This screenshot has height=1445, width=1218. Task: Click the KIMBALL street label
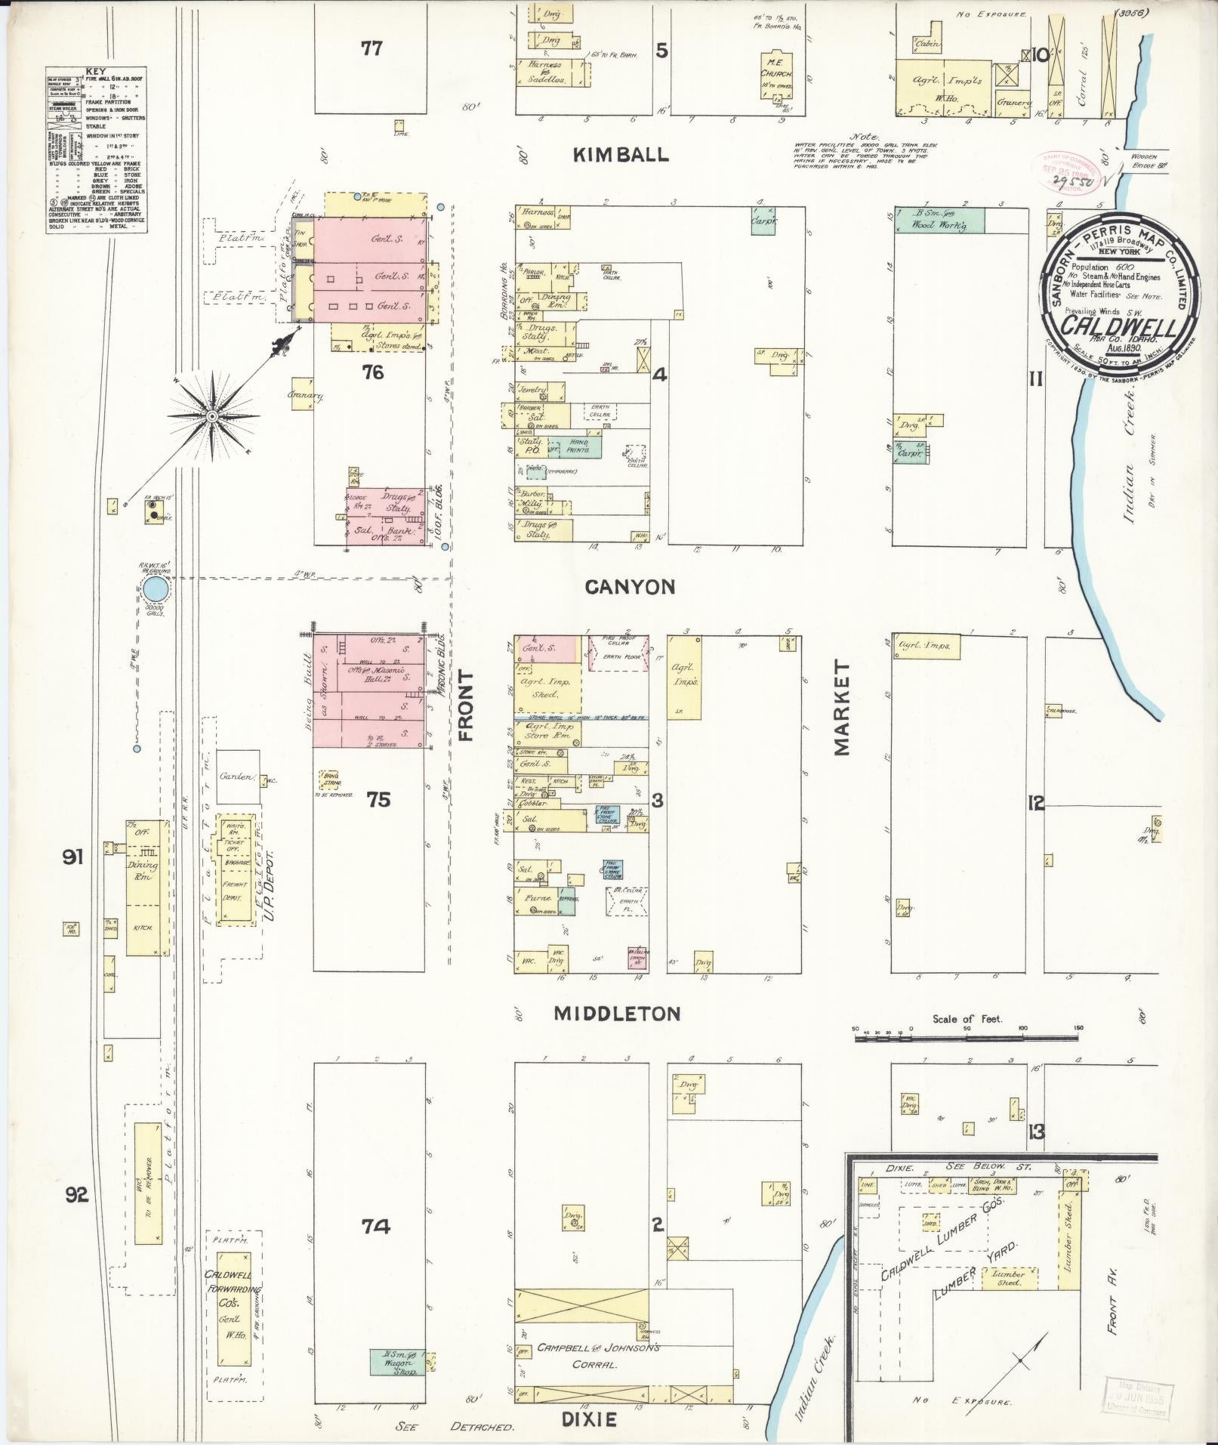(x=621, y=155)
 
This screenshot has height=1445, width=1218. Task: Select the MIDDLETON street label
(x=617, y=1014)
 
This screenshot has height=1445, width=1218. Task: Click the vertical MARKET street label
(x=842, y=708)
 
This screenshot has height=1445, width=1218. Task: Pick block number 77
(x=371, y=49)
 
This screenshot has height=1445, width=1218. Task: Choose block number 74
(x=375, y=1227)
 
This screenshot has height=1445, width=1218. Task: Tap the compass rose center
(x=214, y=415)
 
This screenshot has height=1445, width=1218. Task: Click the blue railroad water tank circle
(x=156, y=588)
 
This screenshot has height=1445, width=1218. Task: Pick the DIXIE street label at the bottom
(x=590, y=1419)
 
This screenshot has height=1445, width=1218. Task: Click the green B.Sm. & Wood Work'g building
(x=939, y=220)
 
